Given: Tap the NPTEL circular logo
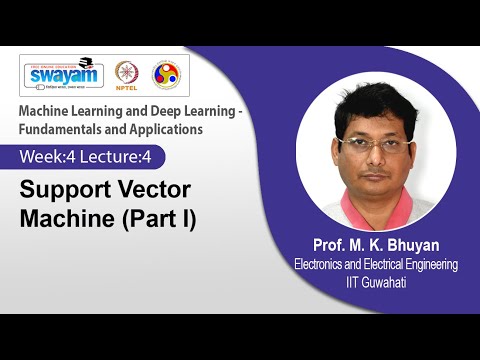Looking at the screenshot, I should [x=127, y=74].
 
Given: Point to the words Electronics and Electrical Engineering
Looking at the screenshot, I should [x=375, y=265].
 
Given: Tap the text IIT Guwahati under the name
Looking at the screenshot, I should [x=375, y=282].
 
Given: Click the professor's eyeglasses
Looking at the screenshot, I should [x=376, y=144].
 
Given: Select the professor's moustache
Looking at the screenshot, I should [x=377, y=173].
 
